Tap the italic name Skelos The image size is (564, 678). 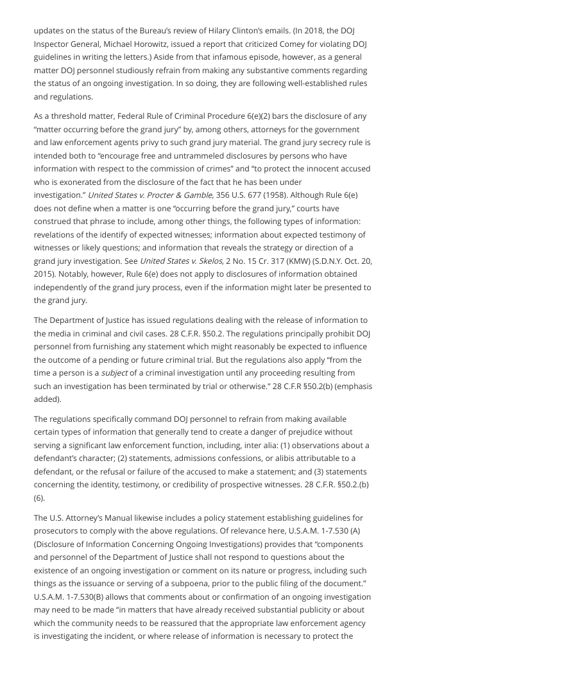(210, 261)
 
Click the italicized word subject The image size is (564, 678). (114, 373)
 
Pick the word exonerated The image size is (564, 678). (77, 182)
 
